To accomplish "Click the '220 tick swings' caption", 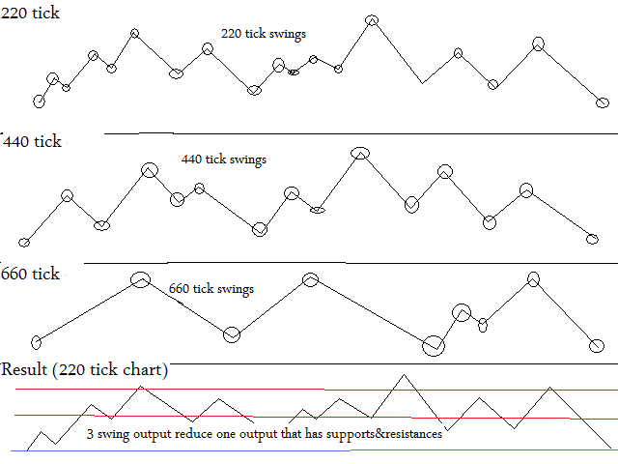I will coord(264,34).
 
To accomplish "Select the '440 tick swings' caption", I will coord(223,159).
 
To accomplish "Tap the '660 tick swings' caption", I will coord(211,288).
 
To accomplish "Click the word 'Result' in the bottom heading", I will coord(23,369).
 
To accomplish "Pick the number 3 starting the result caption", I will coord(90,435).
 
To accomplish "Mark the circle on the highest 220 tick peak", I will coord(372,20).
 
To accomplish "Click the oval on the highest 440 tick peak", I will coord(359,152).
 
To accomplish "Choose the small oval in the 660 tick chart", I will coord(484,325).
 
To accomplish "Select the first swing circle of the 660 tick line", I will coord(37,341).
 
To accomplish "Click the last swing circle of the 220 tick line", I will coord(603,102).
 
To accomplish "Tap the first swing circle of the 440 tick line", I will coord(24,243).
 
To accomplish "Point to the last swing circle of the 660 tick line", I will coord(598,344).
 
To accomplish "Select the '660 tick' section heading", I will coord(32,275).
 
